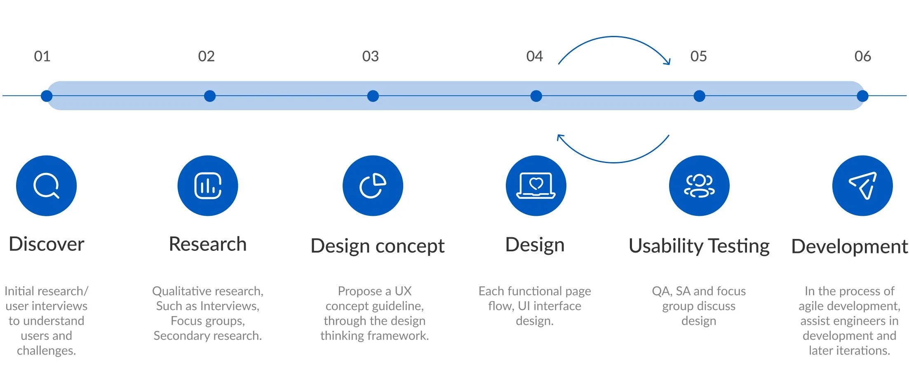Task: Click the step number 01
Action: click(x=42, y=56)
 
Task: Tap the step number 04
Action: click(x=534, y=56)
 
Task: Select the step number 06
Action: click(x=862, y=56)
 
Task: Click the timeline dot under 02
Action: click(x=210, y=96)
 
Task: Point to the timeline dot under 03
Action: click(x=373, y=96)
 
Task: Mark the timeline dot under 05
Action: click(x=699, y=96)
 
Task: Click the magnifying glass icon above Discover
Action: click(x=46, y=186)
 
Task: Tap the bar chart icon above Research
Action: click(x=208, y=186)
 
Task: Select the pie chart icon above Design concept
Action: click(x=373, y=186)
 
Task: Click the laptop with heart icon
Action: click(x=536, y=186)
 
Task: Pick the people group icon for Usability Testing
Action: click(x=699, y=186)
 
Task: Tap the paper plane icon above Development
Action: click(x=862, y=186)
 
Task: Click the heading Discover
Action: click(x=47, y=244)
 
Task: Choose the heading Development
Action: click(x=849, y=246)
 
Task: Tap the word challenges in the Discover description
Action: click(x=46, y=351)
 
